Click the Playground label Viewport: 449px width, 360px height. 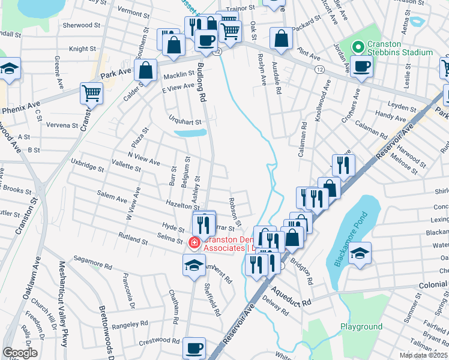point(361,327)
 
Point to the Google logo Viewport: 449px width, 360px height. point(20,353)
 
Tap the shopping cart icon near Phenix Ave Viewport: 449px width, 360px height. point(91,93)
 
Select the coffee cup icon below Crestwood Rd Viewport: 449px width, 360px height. point(193,347)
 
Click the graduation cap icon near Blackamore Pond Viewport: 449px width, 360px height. point(360,252)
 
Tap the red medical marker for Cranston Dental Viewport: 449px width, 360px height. point(194,243)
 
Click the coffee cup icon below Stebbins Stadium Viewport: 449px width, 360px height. point(361,66)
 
